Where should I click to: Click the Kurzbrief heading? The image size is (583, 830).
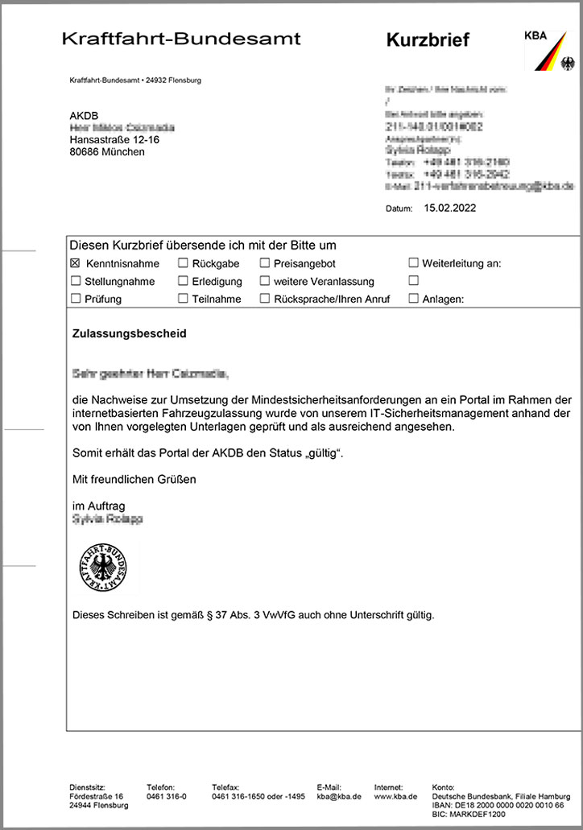pyautogui.click(x=427, y=39)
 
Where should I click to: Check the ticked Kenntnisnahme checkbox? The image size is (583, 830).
pyautogui.click(x=76, y=263)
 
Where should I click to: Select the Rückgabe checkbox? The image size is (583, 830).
pyautogui.click(x=183, y=263)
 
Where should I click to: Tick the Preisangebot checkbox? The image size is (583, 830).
pyautogui.click(x=265, y=263)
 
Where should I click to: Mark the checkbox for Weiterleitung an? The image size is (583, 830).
pyautogui.click(x=414, y=263)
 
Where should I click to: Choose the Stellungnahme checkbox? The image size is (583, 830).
pyautogui.click(x=76, y=281)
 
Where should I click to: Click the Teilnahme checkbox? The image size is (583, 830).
pyautogui.click(x=183, y=299)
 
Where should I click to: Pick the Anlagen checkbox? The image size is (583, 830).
pyautogui.click(x=414, y=299)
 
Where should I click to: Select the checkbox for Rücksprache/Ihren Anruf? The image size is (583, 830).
pyautogui.click(x=265, y=299)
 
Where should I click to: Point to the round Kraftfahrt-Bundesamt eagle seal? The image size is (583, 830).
pyautogui.click(x=104, y=567)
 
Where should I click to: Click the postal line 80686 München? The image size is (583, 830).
pyautogui.click(x=107, y=151)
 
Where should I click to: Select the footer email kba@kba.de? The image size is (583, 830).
pyautogui.click(x=339, y=796)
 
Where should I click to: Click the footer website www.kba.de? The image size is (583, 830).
pyautogui.click(x=395, y=796)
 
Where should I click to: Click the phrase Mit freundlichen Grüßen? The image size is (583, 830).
pyautogui.click(x=134, y=479)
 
